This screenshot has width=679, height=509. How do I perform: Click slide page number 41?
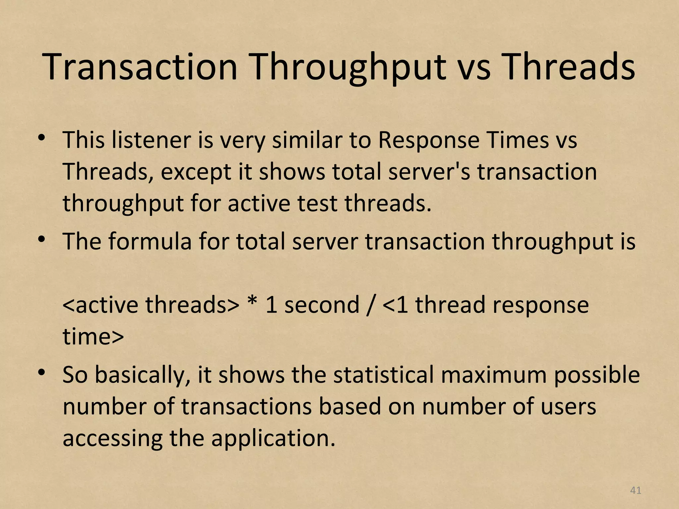[635, 490]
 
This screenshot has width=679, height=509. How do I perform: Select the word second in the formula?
[322, 305]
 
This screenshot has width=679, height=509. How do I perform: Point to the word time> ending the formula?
[93, 337]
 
